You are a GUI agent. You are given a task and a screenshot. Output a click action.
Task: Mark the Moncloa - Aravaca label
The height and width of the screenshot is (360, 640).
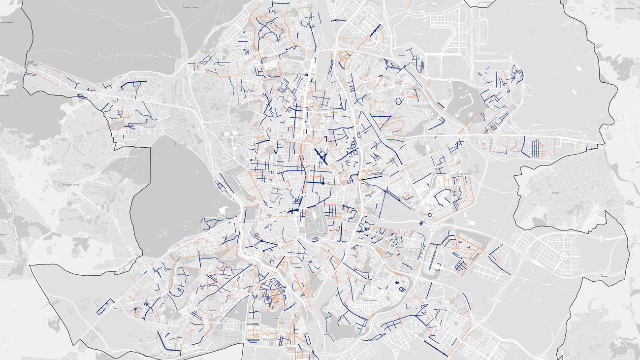point(181,145)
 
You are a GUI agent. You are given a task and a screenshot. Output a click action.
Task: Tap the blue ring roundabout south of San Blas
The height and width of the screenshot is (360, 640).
point(429,215)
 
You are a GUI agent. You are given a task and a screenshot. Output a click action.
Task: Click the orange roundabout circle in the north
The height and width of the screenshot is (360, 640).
point(368,38)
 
